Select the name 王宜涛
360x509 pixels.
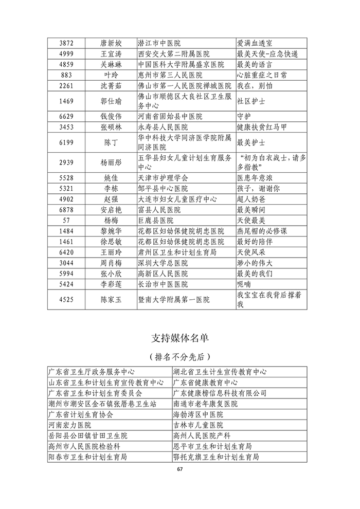(111, 54)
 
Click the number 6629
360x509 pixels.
(68, 117)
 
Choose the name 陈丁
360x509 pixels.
(111, 142)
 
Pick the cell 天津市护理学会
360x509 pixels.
(163, 177)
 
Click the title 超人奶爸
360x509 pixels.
(251, 199)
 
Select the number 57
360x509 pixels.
(68, 220)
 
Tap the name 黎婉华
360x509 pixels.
(111, 231)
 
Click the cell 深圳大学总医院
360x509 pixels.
(163, 263)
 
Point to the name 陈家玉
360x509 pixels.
(111, 300)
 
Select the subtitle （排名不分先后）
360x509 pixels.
(179, 357)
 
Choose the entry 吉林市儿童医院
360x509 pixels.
(199, 425)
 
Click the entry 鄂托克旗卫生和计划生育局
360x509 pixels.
(216, 457)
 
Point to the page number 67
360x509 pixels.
(179, 469)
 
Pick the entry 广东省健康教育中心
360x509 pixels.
(206, 383)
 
